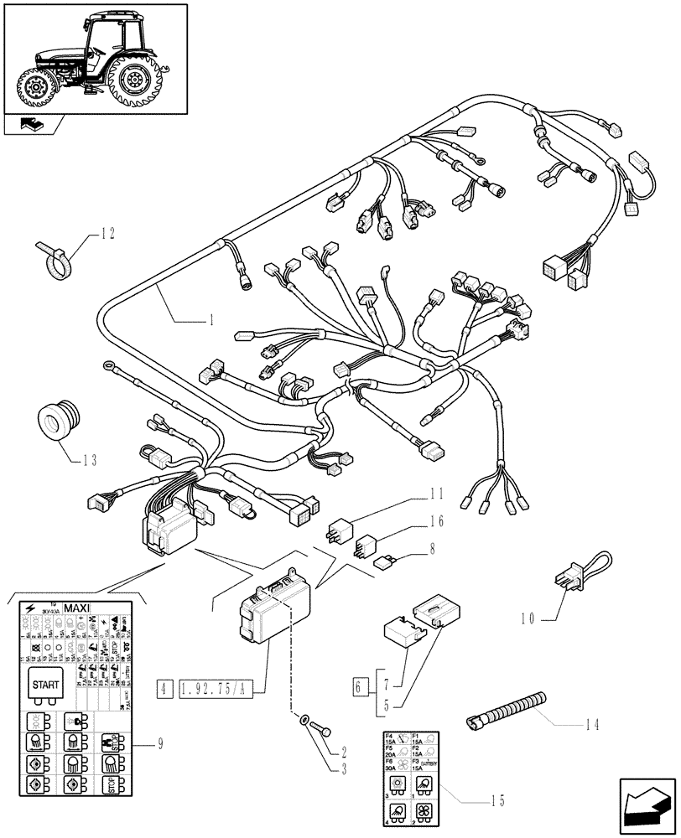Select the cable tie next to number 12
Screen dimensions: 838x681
coord(53,258)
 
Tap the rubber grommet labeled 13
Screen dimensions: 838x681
coord(60,420)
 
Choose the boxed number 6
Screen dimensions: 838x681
coord(361,688)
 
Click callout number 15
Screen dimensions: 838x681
coord(497,800)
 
